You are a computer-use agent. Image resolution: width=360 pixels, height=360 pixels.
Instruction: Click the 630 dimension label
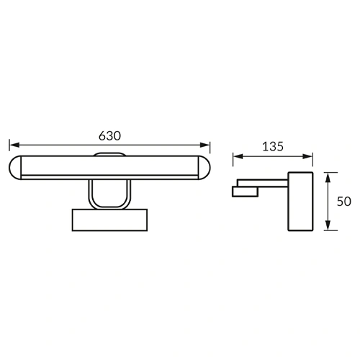[x=109, y=136]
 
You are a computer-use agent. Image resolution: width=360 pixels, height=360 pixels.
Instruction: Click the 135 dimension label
[x=273, y=147]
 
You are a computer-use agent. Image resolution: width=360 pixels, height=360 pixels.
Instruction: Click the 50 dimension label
[x=344, y=202]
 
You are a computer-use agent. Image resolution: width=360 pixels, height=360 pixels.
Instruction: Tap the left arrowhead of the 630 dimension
[x=14, y=145]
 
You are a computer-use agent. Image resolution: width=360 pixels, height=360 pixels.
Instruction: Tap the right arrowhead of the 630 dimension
[x=205, y=145]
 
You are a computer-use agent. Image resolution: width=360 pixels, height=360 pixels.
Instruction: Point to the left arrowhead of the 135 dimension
[x=238, y=157]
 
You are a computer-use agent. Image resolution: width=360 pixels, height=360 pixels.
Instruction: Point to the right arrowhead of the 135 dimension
[x=307, y=157]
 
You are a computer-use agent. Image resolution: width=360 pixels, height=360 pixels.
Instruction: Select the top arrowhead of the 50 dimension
[x=328, y=177]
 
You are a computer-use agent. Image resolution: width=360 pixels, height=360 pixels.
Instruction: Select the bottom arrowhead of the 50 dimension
[x=328, y=226]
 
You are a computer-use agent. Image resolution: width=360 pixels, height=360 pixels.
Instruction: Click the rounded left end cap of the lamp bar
[x=15, y=168]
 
